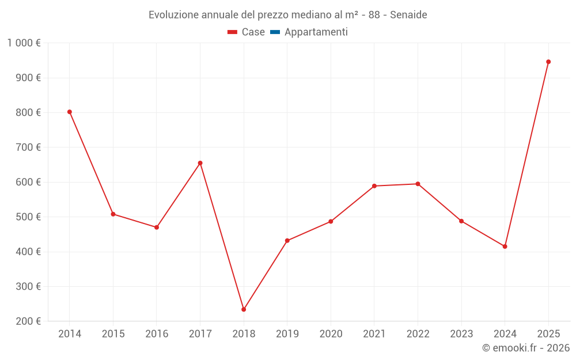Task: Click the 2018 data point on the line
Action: coord(244,309)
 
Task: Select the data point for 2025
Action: coord(548,62)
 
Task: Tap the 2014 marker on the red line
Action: coord(70,112)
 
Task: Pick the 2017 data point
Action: coord(200,163)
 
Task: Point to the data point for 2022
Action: coord(418,184)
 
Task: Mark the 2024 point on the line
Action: coord(505,247)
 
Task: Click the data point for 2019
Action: coord(287,241)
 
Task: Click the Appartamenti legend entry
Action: coord(316,32)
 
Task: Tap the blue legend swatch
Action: coord(275,32)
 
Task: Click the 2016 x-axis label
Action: coord(157,334)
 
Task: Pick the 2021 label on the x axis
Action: coord(374,334)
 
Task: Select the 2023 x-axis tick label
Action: coord(461,334)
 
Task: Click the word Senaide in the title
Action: coord(408,15)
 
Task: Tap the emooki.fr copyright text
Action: coord(526,348)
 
